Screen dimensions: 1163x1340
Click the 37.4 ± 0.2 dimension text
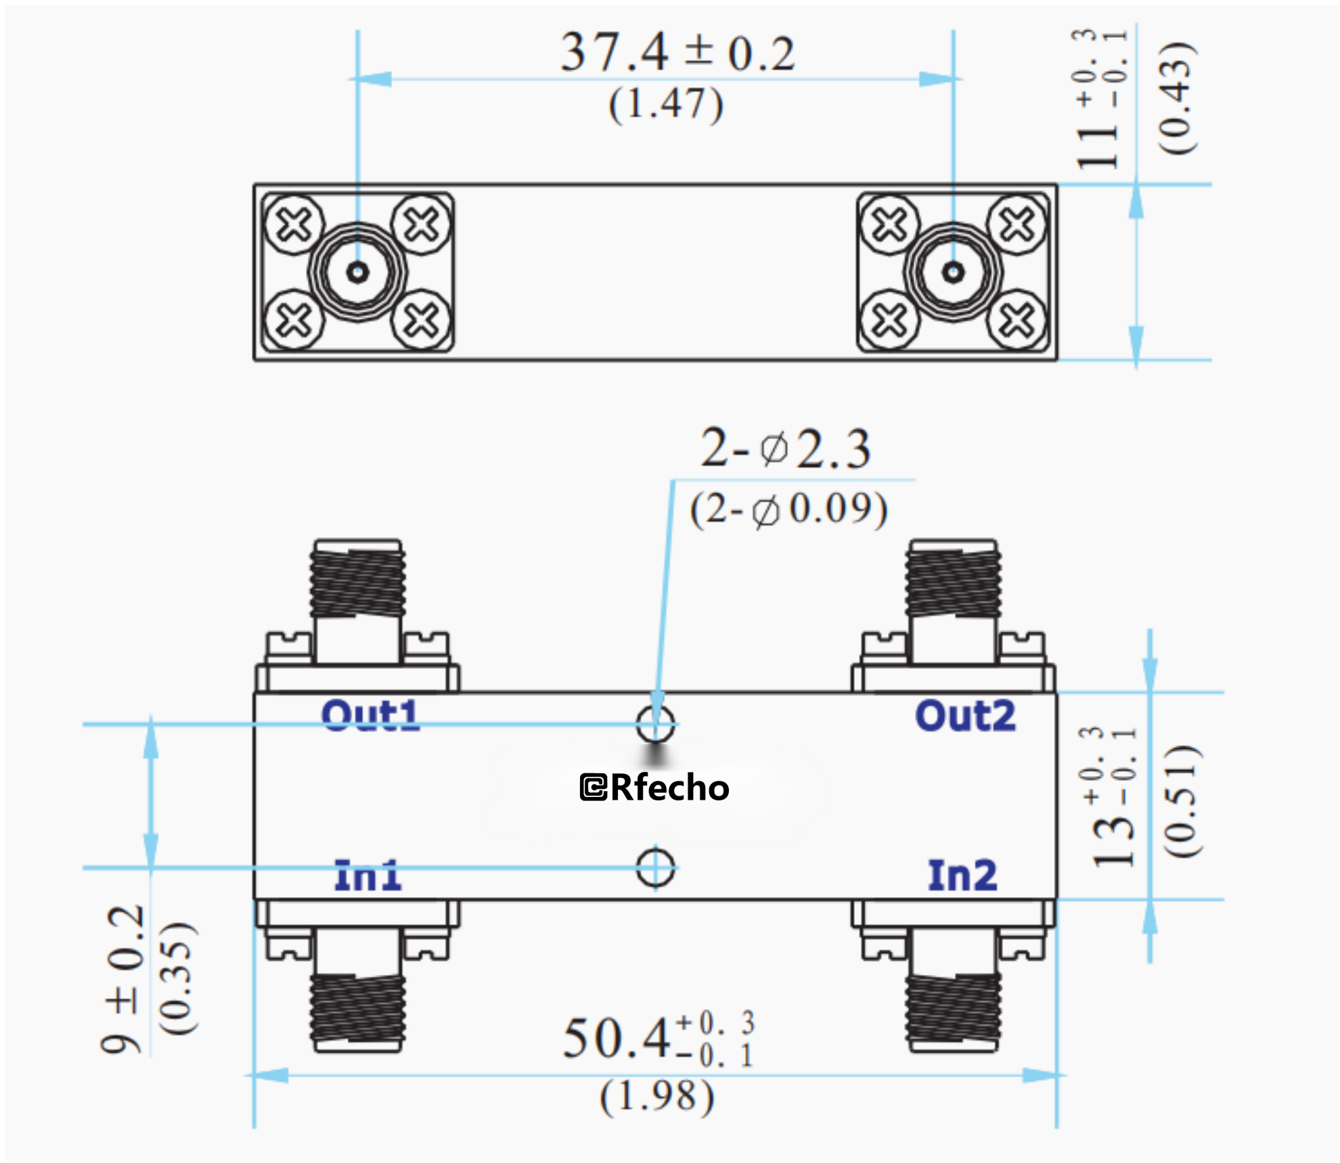(x=677, y=53)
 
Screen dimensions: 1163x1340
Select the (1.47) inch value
(x=666, y=105)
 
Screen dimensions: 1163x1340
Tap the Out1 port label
(x=370, y=716)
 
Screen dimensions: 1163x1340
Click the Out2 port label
(x=965, y=716)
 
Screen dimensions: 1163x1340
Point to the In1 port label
(x=368, y=875)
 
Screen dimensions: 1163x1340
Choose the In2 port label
(x=962, y=875)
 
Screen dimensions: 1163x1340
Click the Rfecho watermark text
(x=655, y=788)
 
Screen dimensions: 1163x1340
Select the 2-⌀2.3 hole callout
(x=785, y=449)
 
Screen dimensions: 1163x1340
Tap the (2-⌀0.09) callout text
(x=788, y=509)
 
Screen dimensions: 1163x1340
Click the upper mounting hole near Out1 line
(x=655, y=724)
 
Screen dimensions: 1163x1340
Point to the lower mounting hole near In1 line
(x=655, y=867)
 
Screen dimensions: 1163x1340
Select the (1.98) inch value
(x=656, y=1097)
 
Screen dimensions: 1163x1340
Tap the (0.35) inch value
(x=177, y=978)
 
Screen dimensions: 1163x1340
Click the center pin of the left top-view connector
(x=357, y=273)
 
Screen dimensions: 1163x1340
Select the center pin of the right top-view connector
(x=953, y=273)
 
